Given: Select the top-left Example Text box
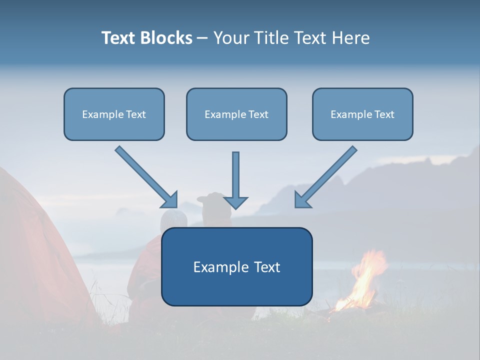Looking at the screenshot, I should coord(114,114).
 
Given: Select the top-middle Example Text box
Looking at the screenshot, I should coord(236,114).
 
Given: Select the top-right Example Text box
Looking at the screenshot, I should coord(362,114).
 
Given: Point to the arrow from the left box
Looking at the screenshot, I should coord(145,176).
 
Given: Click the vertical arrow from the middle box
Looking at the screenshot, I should coord(235,175).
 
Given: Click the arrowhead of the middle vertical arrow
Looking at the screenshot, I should coord(235,202).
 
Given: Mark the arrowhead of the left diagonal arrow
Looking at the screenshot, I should coord(171,200).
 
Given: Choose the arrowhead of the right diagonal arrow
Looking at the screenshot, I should coord(301,200).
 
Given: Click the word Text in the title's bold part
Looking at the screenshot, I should coord(118,38).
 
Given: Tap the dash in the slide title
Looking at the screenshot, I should coord(202,38).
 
